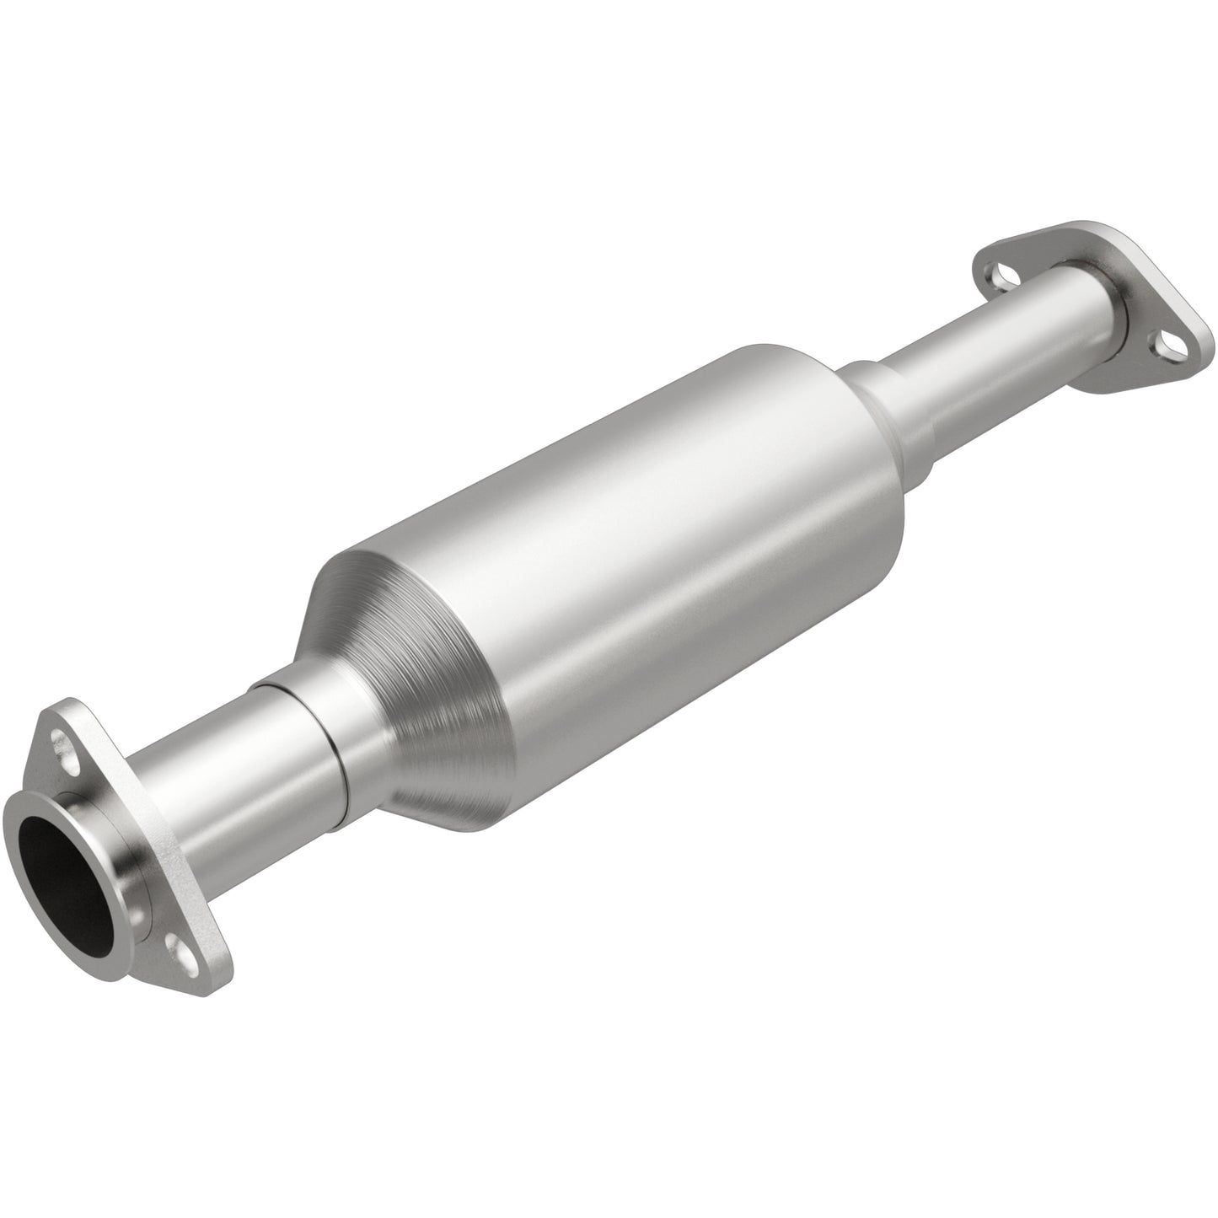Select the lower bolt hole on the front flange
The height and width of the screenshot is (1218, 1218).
tap(177, 942)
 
